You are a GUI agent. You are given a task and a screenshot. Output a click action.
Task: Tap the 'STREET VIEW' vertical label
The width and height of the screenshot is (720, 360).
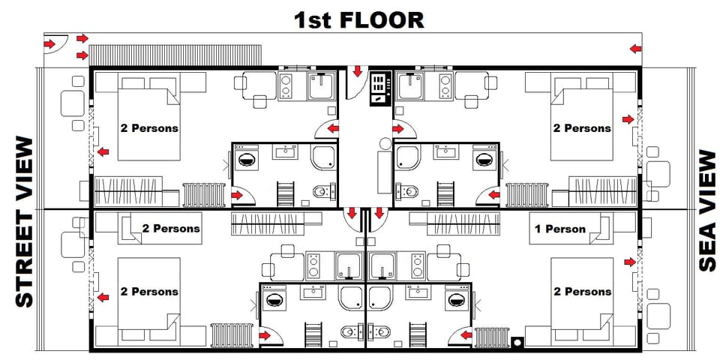coord(25,221)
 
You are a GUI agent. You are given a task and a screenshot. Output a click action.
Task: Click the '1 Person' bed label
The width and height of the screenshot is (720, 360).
coord(559,229)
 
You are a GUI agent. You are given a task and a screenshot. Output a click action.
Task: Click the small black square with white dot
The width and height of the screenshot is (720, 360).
coord(517,343)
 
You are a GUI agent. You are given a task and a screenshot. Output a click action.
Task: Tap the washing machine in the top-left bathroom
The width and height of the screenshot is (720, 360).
coord(247,159)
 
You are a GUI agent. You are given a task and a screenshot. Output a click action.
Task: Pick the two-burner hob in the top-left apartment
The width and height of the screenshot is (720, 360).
coord(288,85)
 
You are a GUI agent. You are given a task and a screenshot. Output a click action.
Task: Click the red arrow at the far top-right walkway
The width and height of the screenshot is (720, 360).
coord(636,49)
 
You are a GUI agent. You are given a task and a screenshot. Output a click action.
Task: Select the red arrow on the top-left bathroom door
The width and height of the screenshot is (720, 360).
coord(237,196)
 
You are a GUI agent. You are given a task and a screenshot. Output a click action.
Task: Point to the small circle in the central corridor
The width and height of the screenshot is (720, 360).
coord(385,142)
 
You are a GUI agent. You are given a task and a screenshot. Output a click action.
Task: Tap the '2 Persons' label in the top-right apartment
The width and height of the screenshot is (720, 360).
coord(582,128)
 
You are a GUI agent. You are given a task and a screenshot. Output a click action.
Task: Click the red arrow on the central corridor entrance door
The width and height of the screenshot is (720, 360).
coord(358,72)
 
